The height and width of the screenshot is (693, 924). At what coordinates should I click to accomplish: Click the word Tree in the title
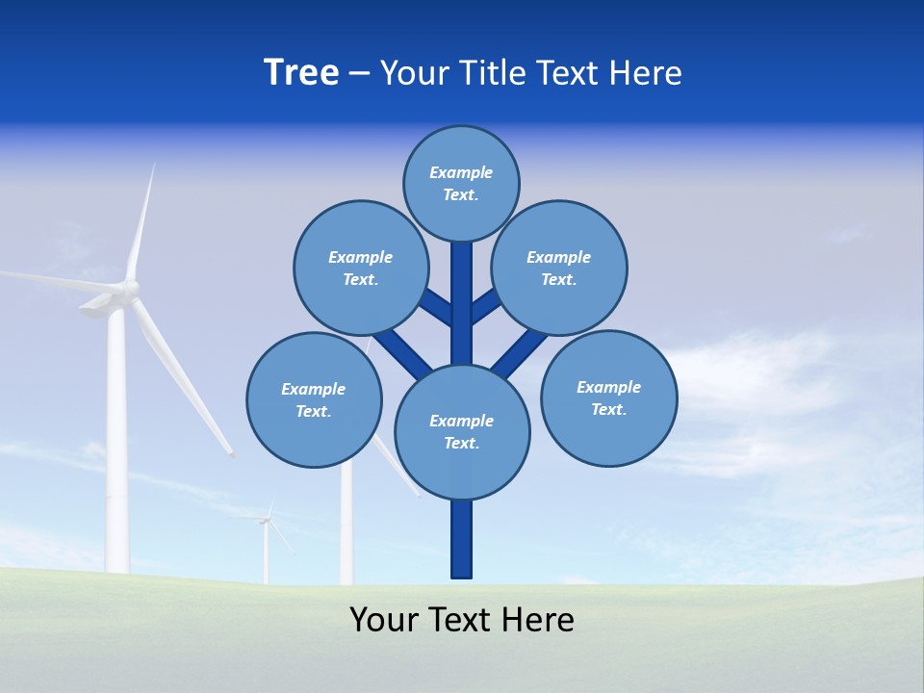(x=301, y=73)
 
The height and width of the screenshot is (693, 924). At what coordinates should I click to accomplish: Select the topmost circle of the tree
(x=461, y=183)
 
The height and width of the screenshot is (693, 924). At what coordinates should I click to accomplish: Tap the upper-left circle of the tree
(x=360, y=268)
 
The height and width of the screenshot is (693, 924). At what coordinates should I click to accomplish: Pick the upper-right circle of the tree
(x=558, y=268)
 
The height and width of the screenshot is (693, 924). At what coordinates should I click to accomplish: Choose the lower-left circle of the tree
(x=314, y=399)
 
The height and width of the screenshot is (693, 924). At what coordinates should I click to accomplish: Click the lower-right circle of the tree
(x=608, y=398)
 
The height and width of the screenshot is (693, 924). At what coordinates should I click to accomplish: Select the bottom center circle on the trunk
(x=462, y=431)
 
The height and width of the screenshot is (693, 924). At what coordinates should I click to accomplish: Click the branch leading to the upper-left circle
(x=435, y=306)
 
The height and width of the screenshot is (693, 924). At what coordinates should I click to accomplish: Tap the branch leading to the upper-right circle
(x=485, y=306)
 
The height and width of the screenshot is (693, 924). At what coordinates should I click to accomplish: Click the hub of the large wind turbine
(x=128, y=288)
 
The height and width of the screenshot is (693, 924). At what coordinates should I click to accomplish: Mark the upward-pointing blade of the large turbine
(x=141, y=221)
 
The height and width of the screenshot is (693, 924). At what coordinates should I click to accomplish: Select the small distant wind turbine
(x=266, y=539)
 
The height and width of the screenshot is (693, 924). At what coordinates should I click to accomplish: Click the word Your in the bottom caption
(x=385, y=620)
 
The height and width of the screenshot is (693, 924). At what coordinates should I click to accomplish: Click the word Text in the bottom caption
(x=462, y=620)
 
